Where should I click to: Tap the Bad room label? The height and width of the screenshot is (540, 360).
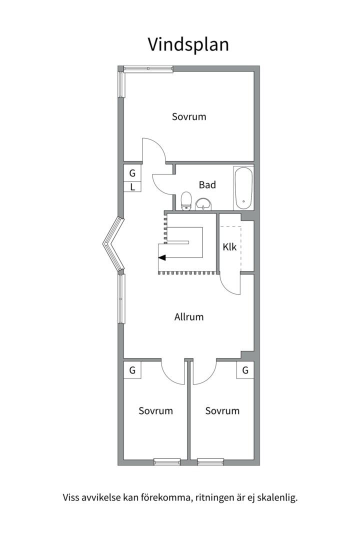(207, 185)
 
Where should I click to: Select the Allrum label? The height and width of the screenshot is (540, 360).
(189, 317)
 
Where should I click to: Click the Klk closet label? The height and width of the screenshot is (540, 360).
(229, 247)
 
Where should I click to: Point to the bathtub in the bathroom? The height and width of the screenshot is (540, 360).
(243, 187)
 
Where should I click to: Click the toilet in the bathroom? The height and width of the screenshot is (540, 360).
(186, 201)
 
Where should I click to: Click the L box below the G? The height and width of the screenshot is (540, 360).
(132, 187)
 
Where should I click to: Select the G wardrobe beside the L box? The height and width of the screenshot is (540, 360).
(132, 173)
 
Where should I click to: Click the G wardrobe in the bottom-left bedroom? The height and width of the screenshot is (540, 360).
(132, 370)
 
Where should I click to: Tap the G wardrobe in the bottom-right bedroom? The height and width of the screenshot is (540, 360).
(245, 370)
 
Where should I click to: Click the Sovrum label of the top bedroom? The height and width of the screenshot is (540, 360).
(189, 116)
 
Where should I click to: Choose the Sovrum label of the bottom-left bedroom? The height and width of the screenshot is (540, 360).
(155, 410)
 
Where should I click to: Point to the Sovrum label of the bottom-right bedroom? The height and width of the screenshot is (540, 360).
(222, 410)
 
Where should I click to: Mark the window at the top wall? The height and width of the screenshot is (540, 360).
(148, 69)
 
